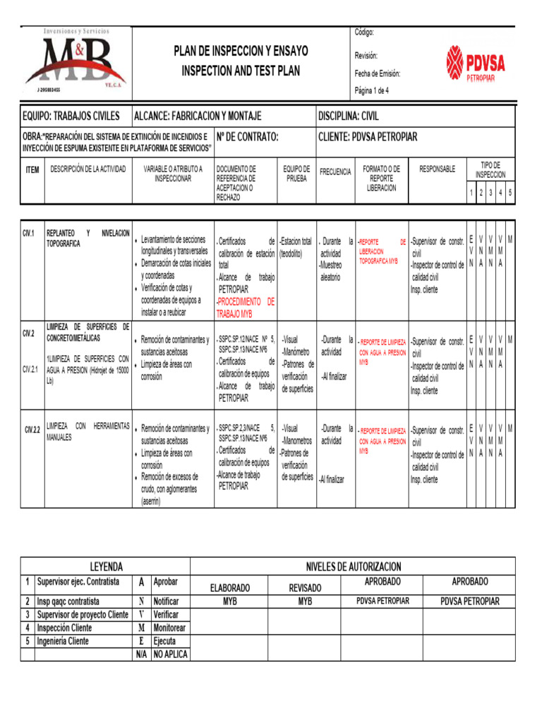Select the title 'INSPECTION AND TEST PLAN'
pos(241,71)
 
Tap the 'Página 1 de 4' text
pos(371,90)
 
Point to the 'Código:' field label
pos(364,32)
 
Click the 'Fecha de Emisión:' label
pos(378,73)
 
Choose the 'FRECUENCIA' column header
pos(335,172)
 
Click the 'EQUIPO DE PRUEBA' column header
pos(296,174)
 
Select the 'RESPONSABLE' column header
pos(438,169)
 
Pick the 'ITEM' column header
pos(32,170)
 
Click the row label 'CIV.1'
pos(29,233)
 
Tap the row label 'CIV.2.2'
pos(31,429)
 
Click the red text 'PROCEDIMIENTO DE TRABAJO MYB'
pos(246,307)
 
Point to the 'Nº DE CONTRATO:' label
pos(247,136)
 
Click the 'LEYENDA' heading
pos(105,566)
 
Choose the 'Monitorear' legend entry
pos(169,628)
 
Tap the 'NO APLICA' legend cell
pos(170,655)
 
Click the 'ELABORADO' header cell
pos(230,587)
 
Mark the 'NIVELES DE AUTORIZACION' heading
pos(353,566)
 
